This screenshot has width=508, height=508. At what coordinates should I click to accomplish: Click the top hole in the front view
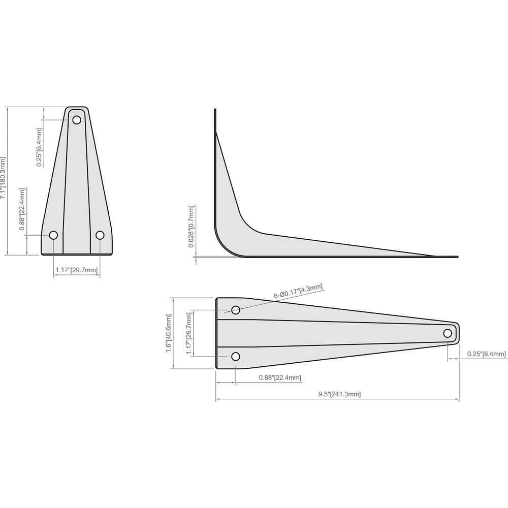(77, 120)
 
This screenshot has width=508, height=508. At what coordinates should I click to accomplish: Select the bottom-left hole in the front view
(53, 235)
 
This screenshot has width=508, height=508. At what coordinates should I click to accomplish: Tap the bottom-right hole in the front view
(100, 235)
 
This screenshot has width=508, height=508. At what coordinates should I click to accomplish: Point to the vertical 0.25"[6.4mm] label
(39, 147)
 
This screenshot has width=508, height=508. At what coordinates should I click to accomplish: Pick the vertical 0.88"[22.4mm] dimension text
(22, 209)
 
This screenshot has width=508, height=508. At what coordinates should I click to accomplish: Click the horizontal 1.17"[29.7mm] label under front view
(77, 270)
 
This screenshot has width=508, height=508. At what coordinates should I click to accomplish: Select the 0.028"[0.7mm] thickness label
(192, 227)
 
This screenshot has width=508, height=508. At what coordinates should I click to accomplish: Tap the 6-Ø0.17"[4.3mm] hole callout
(298, 291)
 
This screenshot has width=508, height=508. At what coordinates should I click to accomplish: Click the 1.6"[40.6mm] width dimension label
(169, 333)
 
